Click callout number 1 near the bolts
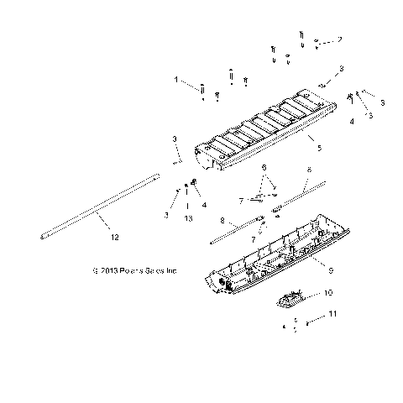coord(177,81)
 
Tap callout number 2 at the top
coord(340,39)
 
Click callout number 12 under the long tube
coord(115,238)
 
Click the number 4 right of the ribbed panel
coord(352,121)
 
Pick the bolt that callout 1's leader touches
coord(203,88)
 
